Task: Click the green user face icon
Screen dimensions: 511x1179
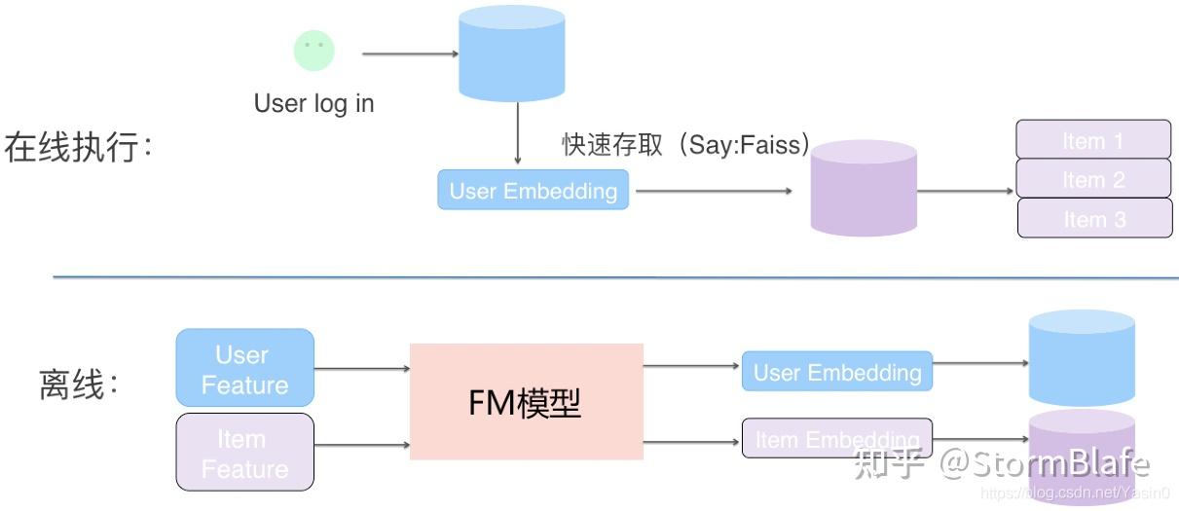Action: pos(313,50)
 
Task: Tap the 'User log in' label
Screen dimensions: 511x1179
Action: pos(313,103)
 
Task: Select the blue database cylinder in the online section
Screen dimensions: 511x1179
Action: pos(511,53)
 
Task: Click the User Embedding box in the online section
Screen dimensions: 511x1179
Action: pos(533,191)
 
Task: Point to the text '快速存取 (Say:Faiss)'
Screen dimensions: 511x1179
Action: pos(686,145)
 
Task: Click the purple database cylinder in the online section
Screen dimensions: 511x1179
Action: pos(864,187)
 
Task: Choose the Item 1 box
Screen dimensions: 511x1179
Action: pos(1093,140)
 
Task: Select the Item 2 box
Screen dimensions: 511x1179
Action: pos(1093,179)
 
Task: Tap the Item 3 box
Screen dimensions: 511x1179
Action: pos(1094,218)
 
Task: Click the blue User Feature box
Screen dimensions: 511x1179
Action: pos(244,368)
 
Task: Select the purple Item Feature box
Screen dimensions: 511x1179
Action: pos(244,452)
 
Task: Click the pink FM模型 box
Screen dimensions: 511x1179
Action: pos(526,401)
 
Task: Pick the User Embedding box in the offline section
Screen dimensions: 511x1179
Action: pos(836,372)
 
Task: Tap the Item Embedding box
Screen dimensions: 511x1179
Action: pos(836,439)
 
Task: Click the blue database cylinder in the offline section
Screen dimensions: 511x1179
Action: pos(1081,357)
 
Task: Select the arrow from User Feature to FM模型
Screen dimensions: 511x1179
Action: pos(362,369)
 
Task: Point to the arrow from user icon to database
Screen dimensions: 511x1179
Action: pos(409,54)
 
